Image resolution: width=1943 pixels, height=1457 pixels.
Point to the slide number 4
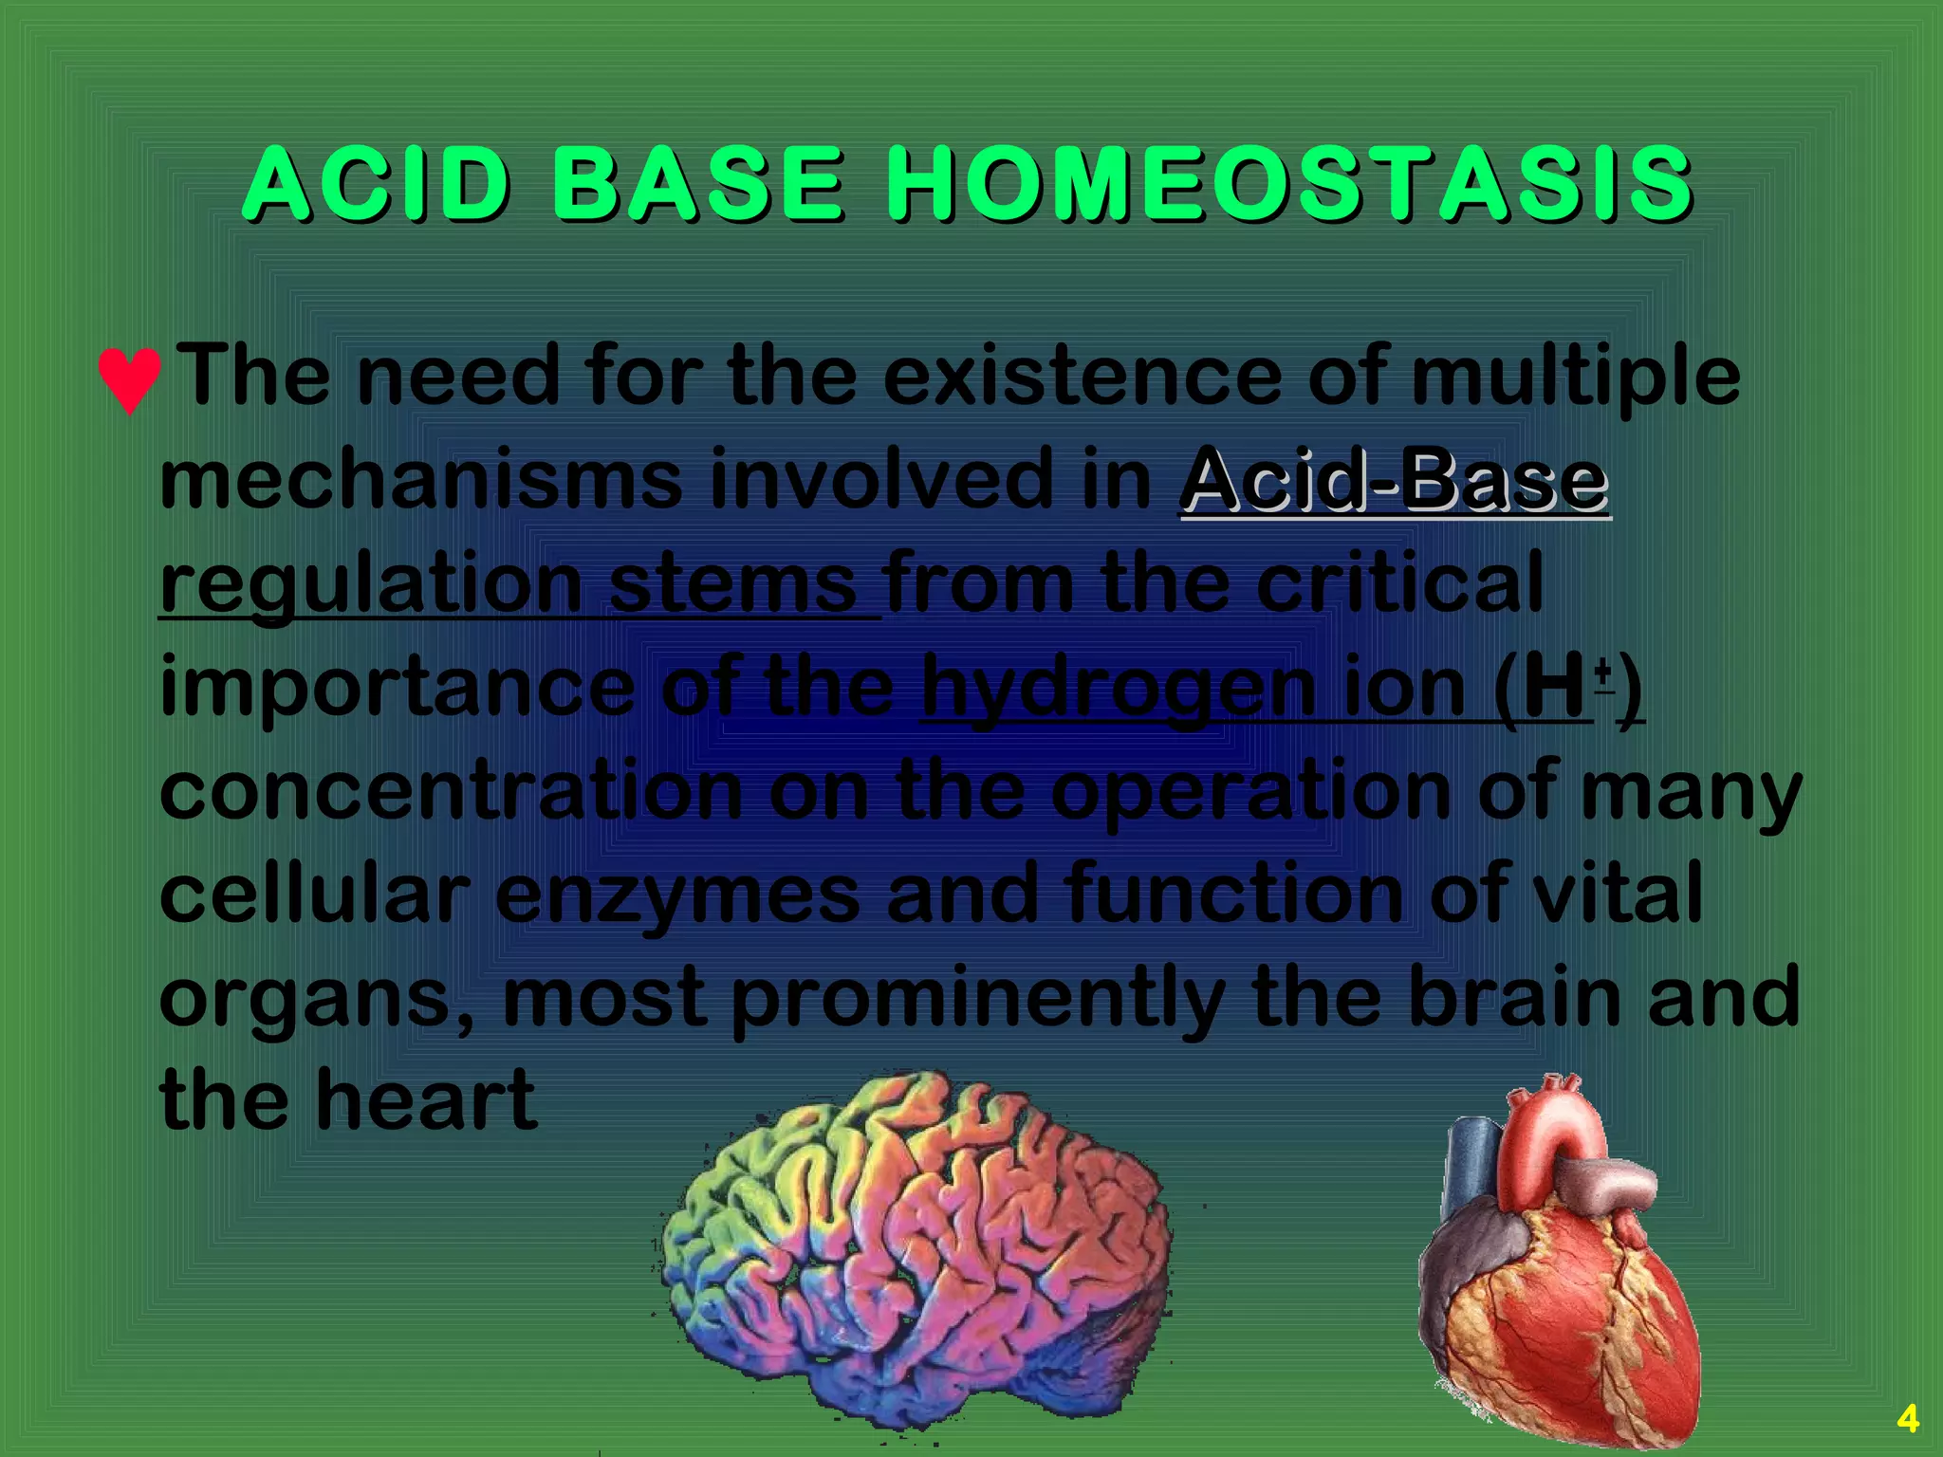point(1907,1419)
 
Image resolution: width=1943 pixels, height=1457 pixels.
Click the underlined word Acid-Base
point(1394,480)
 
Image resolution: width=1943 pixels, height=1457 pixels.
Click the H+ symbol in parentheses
point(1565,688)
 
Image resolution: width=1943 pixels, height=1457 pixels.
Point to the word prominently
point(977,1001)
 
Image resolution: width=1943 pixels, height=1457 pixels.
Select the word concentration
point(451,792)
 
